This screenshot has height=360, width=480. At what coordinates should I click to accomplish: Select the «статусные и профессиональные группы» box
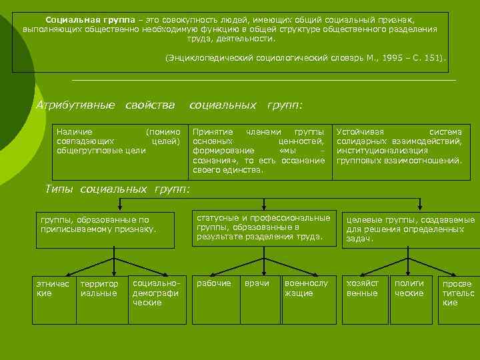click(x=263, y=227)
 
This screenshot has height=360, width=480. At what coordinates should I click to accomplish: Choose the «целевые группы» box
click(x=409, y=229)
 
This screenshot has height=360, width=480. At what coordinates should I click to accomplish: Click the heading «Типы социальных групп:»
click(x=117, y=189)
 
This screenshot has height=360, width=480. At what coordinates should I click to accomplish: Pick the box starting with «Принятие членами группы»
click(x=258, y=151)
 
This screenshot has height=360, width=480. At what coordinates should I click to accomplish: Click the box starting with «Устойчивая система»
click(x=399, y=147)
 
